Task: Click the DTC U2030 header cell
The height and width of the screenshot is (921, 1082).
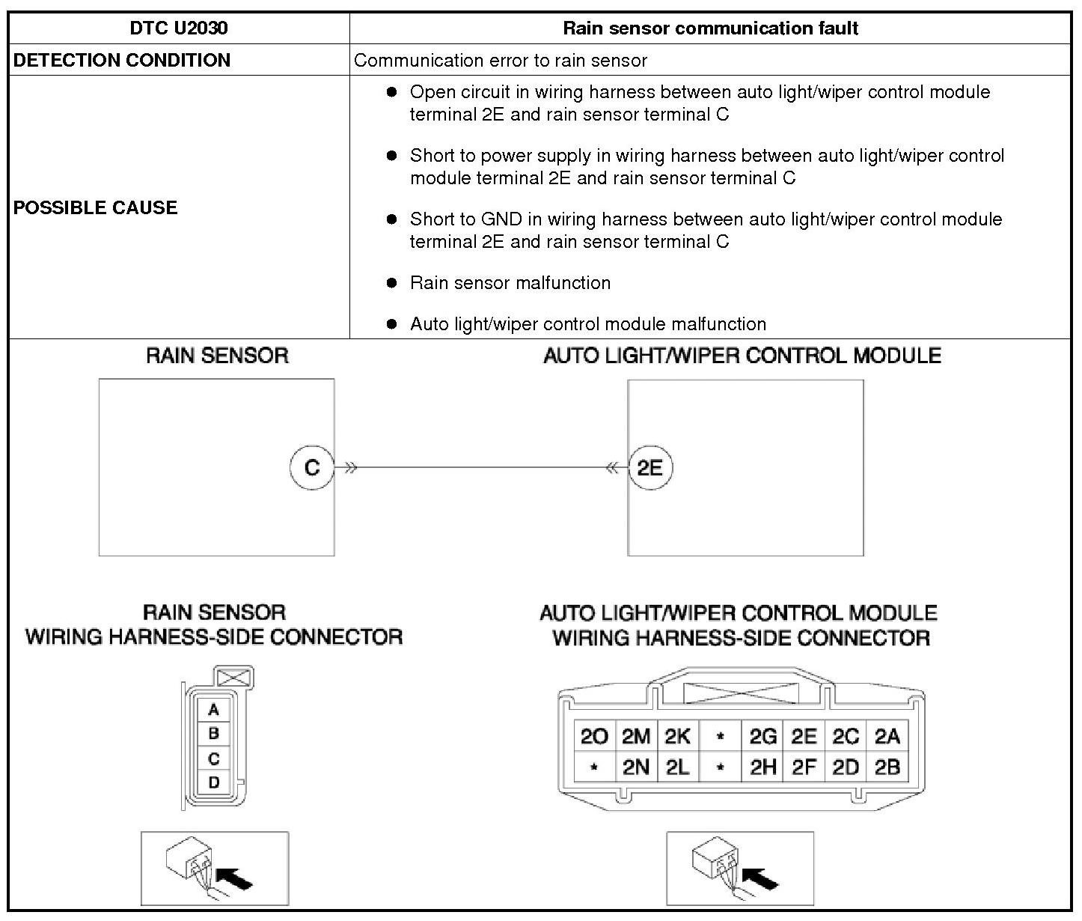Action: point(179,28)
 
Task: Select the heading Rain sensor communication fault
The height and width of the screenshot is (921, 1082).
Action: point(709,28)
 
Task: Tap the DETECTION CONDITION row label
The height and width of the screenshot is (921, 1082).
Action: point(122,60)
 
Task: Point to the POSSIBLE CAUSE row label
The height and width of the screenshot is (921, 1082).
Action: point(96,207)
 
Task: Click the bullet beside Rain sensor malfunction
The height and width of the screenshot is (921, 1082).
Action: point(391,283)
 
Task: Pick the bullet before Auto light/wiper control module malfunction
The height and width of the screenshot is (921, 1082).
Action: point(391,324)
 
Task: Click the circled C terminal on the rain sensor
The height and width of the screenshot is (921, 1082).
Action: point(312,468)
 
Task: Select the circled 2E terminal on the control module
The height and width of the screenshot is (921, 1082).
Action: point(649,468)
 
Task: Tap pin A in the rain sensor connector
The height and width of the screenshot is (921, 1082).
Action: point(214,710)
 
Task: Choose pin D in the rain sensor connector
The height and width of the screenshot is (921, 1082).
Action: point(214,782)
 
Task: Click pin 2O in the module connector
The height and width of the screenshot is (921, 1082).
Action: point(594,737)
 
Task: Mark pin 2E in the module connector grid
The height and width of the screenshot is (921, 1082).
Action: point(804,737)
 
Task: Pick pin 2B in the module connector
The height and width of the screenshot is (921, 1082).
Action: point(887,767)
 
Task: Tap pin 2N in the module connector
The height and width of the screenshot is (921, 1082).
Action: point(636,767)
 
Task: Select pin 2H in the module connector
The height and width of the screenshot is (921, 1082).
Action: point(762,767)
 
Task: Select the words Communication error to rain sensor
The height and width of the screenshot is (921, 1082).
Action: point(500,61)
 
